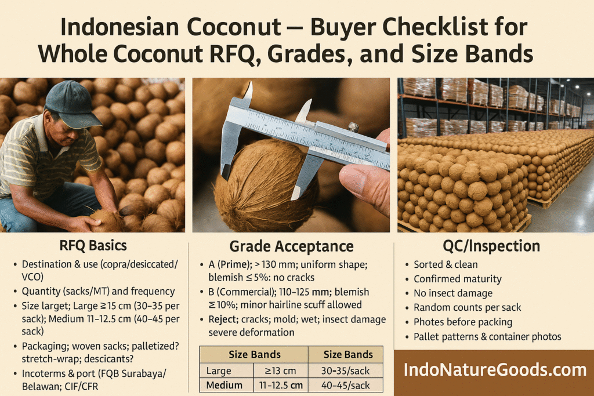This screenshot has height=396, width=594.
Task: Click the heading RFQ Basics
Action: [x=93, y=246]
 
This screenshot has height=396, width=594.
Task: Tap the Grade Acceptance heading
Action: [x=291, y=246]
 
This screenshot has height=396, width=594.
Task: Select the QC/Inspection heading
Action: [x=491, y=246]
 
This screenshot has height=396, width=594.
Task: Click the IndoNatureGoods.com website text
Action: [x=495, y=370]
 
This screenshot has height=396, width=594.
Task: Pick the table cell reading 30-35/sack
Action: [x=345, y=370]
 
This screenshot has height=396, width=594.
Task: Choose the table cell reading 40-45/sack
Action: [x=345, y=386]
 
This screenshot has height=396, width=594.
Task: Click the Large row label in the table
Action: [x=219, y=371]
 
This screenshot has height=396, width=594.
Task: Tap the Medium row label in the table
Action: [x=224, y=386]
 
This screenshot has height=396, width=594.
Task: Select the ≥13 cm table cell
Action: [x=281, y=371]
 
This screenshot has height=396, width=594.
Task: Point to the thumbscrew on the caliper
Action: [x=353, y=127]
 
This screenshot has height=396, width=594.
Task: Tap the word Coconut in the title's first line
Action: [x=234, y=27]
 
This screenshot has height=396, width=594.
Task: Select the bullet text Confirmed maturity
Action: [x=458, y=279]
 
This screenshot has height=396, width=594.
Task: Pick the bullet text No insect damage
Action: [x=453, y=293]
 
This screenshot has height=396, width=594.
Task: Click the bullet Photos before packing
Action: [x=463, y=322]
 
